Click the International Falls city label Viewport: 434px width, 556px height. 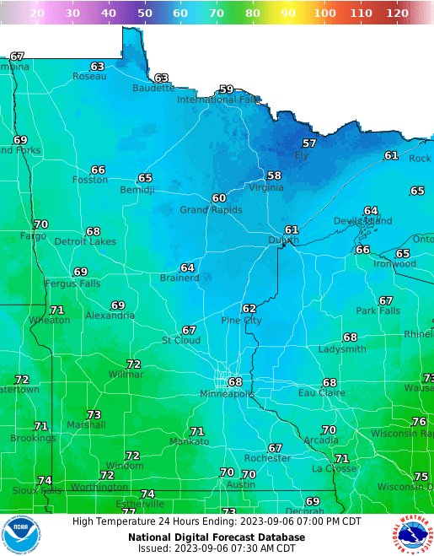point(218,100)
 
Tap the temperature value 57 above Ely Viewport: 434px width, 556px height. point(309,143)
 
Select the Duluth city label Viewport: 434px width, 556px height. point(283,240)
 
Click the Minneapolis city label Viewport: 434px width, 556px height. point(227,394)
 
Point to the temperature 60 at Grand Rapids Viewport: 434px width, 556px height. point(219,198)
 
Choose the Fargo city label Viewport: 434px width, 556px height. point(33,236)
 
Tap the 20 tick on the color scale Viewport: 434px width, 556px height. point(37,13)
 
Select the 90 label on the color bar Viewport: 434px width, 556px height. point(287,13)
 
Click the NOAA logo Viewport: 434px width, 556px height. point(21,535)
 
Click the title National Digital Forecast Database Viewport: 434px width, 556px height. point(217,537)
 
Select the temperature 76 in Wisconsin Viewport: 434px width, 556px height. point(419,422)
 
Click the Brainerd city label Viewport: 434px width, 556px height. point(179,278)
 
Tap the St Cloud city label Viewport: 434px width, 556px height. point(181,341)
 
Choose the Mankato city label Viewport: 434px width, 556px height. point(189,442)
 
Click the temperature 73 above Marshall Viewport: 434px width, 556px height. point(94,414)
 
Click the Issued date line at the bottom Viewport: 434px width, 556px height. point(217,548)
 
